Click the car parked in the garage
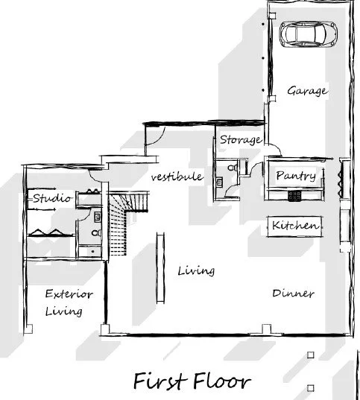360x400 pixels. pyautogui.click(x=306, y=34)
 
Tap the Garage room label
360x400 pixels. pyautogui.click(x=307, y=91)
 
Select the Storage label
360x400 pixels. pyautogui.click(x=239, y=139)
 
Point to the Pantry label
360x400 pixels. pyautogui.click(x=295, y=176)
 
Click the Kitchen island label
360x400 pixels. pyautogui.click(x=295, y=225)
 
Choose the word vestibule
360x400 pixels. pyautogui.click(x=177, y=177)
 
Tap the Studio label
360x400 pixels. pyautogui.click(x=51, y=198)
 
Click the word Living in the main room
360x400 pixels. pyautogui.click(x=196, y=270)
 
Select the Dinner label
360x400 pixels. pyautogui.click(x=293, y=293)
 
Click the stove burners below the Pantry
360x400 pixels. pyautogui.click(x=294, y=195)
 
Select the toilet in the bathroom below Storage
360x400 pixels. pyautogui.click(x=236, y=169)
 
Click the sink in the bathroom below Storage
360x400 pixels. pyautogui.click(x=219, y=180)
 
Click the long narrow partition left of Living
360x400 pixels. pyautogui.click(x=157, y=267)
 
